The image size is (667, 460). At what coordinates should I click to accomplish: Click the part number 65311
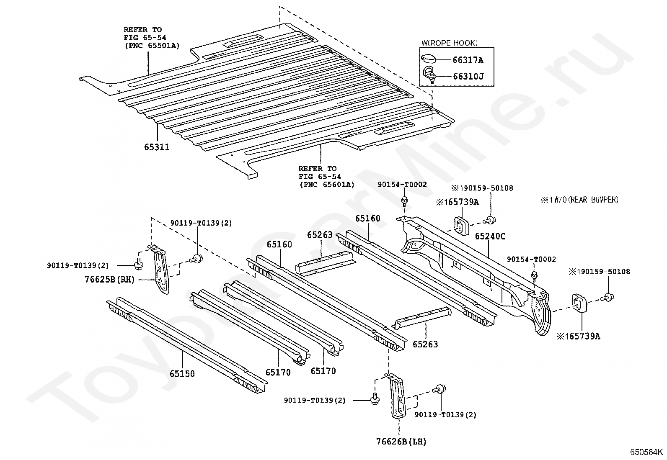click(x=157, y=147)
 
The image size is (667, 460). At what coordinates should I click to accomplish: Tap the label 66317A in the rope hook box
click(x=468, y=60)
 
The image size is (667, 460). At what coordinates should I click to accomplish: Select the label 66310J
click(x=468, y=76)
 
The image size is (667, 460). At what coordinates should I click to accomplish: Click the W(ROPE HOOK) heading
click(x=449, y=43)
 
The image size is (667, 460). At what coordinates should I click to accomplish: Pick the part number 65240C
click(x=490, y=236)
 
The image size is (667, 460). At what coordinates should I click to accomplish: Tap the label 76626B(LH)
click(x=401, y=441)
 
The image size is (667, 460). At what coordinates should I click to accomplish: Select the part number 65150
click(x=182, y=373)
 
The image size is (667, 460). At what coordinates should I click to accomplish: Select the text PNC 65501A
click(x=151, y=46)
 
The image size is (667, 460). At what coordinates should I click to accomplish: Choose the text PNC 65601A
click(x=326, y=184)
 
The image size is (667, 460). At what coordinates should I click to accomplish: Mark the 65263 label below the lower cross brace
click(x=425, y=344)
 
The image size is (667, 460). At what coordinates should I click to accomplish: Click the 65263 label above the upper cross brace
click(x=320, y=235)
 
